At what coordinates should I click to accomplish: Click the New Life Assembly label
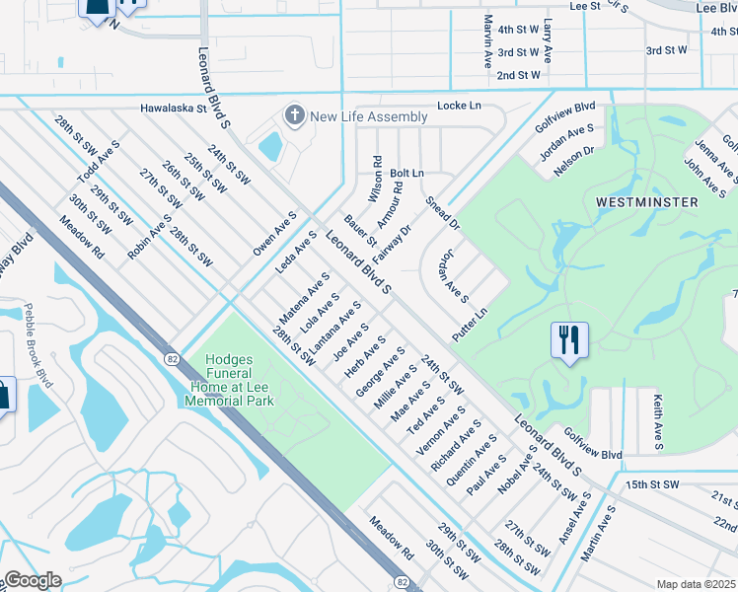[x=368, y=116]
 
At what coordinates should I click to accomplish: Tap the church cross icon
[x=293, y=116]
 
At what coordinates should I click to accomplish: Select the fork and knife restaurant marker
[x=569, y=340]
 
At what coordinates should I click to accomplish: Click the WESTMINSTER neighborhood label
[x=647, y=201]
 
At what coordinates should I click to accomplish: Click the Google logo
[x=33, y=580]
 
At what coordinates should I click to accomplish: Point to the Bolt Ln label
[x=406, y=173]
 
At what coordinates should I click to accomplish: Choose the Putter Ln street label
[x=470, y=327]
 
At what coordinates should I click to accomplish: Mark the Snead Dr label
[x=443, y=214]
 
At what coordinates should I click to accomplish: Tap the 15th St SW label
[x=652, y=484]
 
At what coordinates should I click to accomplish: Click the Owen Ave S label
[x=274, y=234]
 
